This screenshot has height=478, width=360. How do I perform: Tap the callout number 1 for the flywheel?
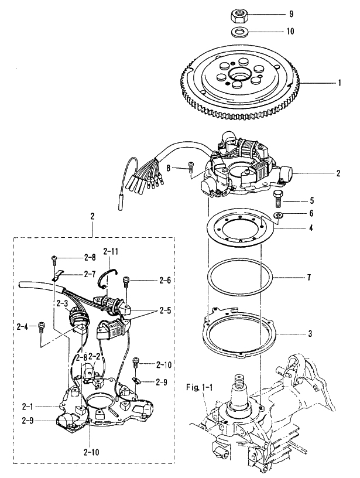pyautogui.click(x=339, y=83)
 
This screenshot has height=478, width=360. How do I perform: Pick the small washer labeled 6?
pyautogui.click(x=278, y=217)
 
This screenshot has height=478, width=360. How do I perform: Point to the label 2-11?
pyautogui.click(x=111, y=251)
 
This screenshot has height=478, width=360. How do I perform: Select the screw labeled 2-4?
pyautogui.click(x=41, y=326)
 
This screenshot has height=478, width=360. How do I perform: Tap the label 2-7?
pyautogui.click(x=90, y=274)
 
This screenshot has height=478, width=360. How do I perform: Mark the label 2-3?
pyautogui.click(x=62, y=303)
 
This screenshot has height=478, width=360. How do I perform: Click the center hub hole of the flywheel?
pyautogui.click(x=239, y=74)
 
